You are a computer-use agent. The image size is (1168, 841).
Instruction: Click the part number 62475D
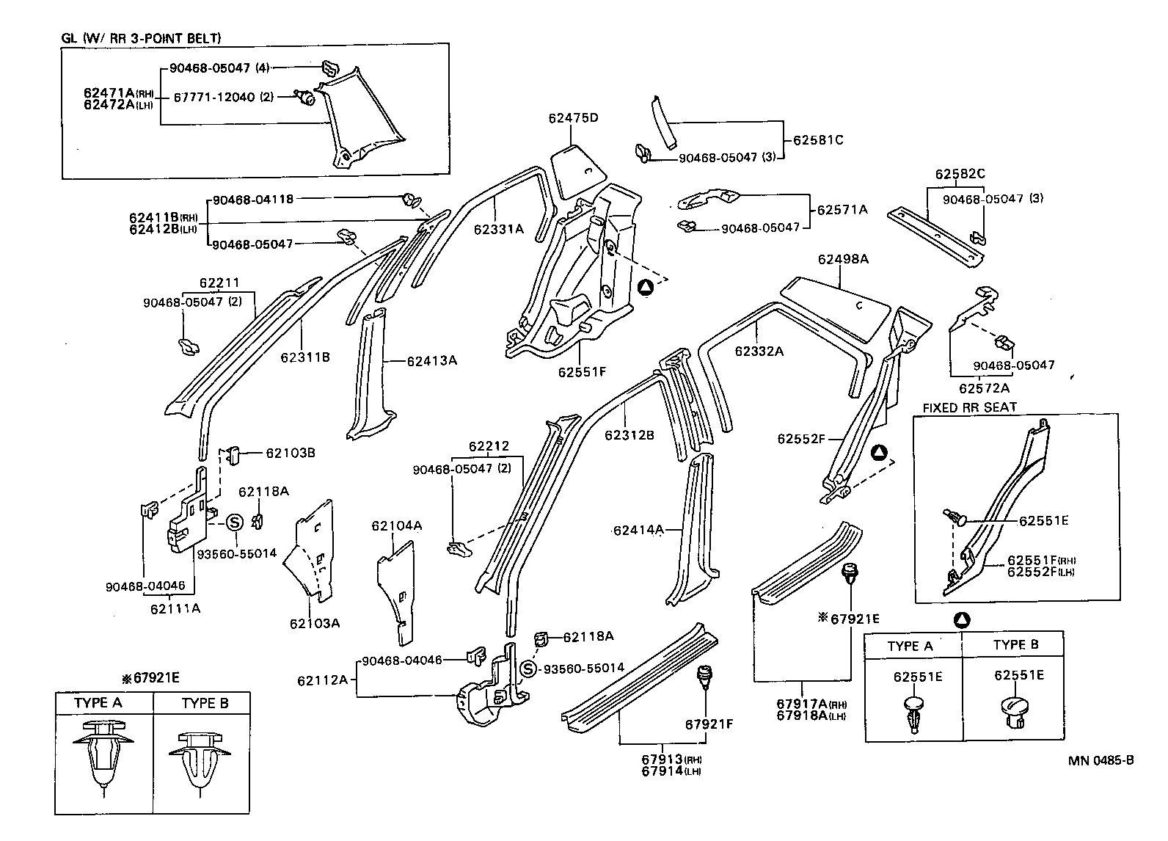tap(573, 118)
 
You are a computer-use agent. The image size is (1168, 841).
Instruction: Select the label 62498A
tap(843, 259)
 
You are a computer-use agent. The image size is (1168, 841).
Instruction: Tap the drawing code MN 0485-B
tap(1101, 760)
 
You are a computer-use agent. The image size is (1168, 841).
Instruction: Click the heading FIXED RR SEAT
tap(969, 407)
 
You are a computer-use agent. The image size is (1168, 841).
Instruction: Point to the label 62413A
tap(432, 360)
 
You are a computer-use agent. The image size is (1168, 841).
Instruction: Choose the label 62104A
tap(396, 525)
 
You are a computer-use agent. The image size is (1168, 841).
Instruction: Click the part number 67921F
tap(709, 724)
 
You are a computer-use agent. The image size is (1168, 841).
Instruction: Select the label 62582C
tap(960, 175)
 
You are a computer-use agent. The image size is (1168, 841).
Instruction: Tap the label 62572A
tap(984, 388)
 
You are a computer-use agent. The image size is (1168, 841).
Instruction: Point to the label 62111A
tap(175, 608)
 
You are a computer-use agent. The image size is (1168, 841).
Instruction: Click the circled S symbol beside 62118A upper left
tap(233, 522)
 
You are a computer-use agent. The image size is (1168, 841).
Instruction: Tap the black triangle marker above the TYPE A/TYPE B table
tap(961, 620)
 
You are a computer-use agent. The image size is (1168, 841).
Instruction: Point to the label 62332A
tap(759, 351)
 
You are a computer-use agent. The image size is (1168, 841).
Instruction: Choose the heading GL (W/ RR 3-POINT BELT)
tap(141, 38)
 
